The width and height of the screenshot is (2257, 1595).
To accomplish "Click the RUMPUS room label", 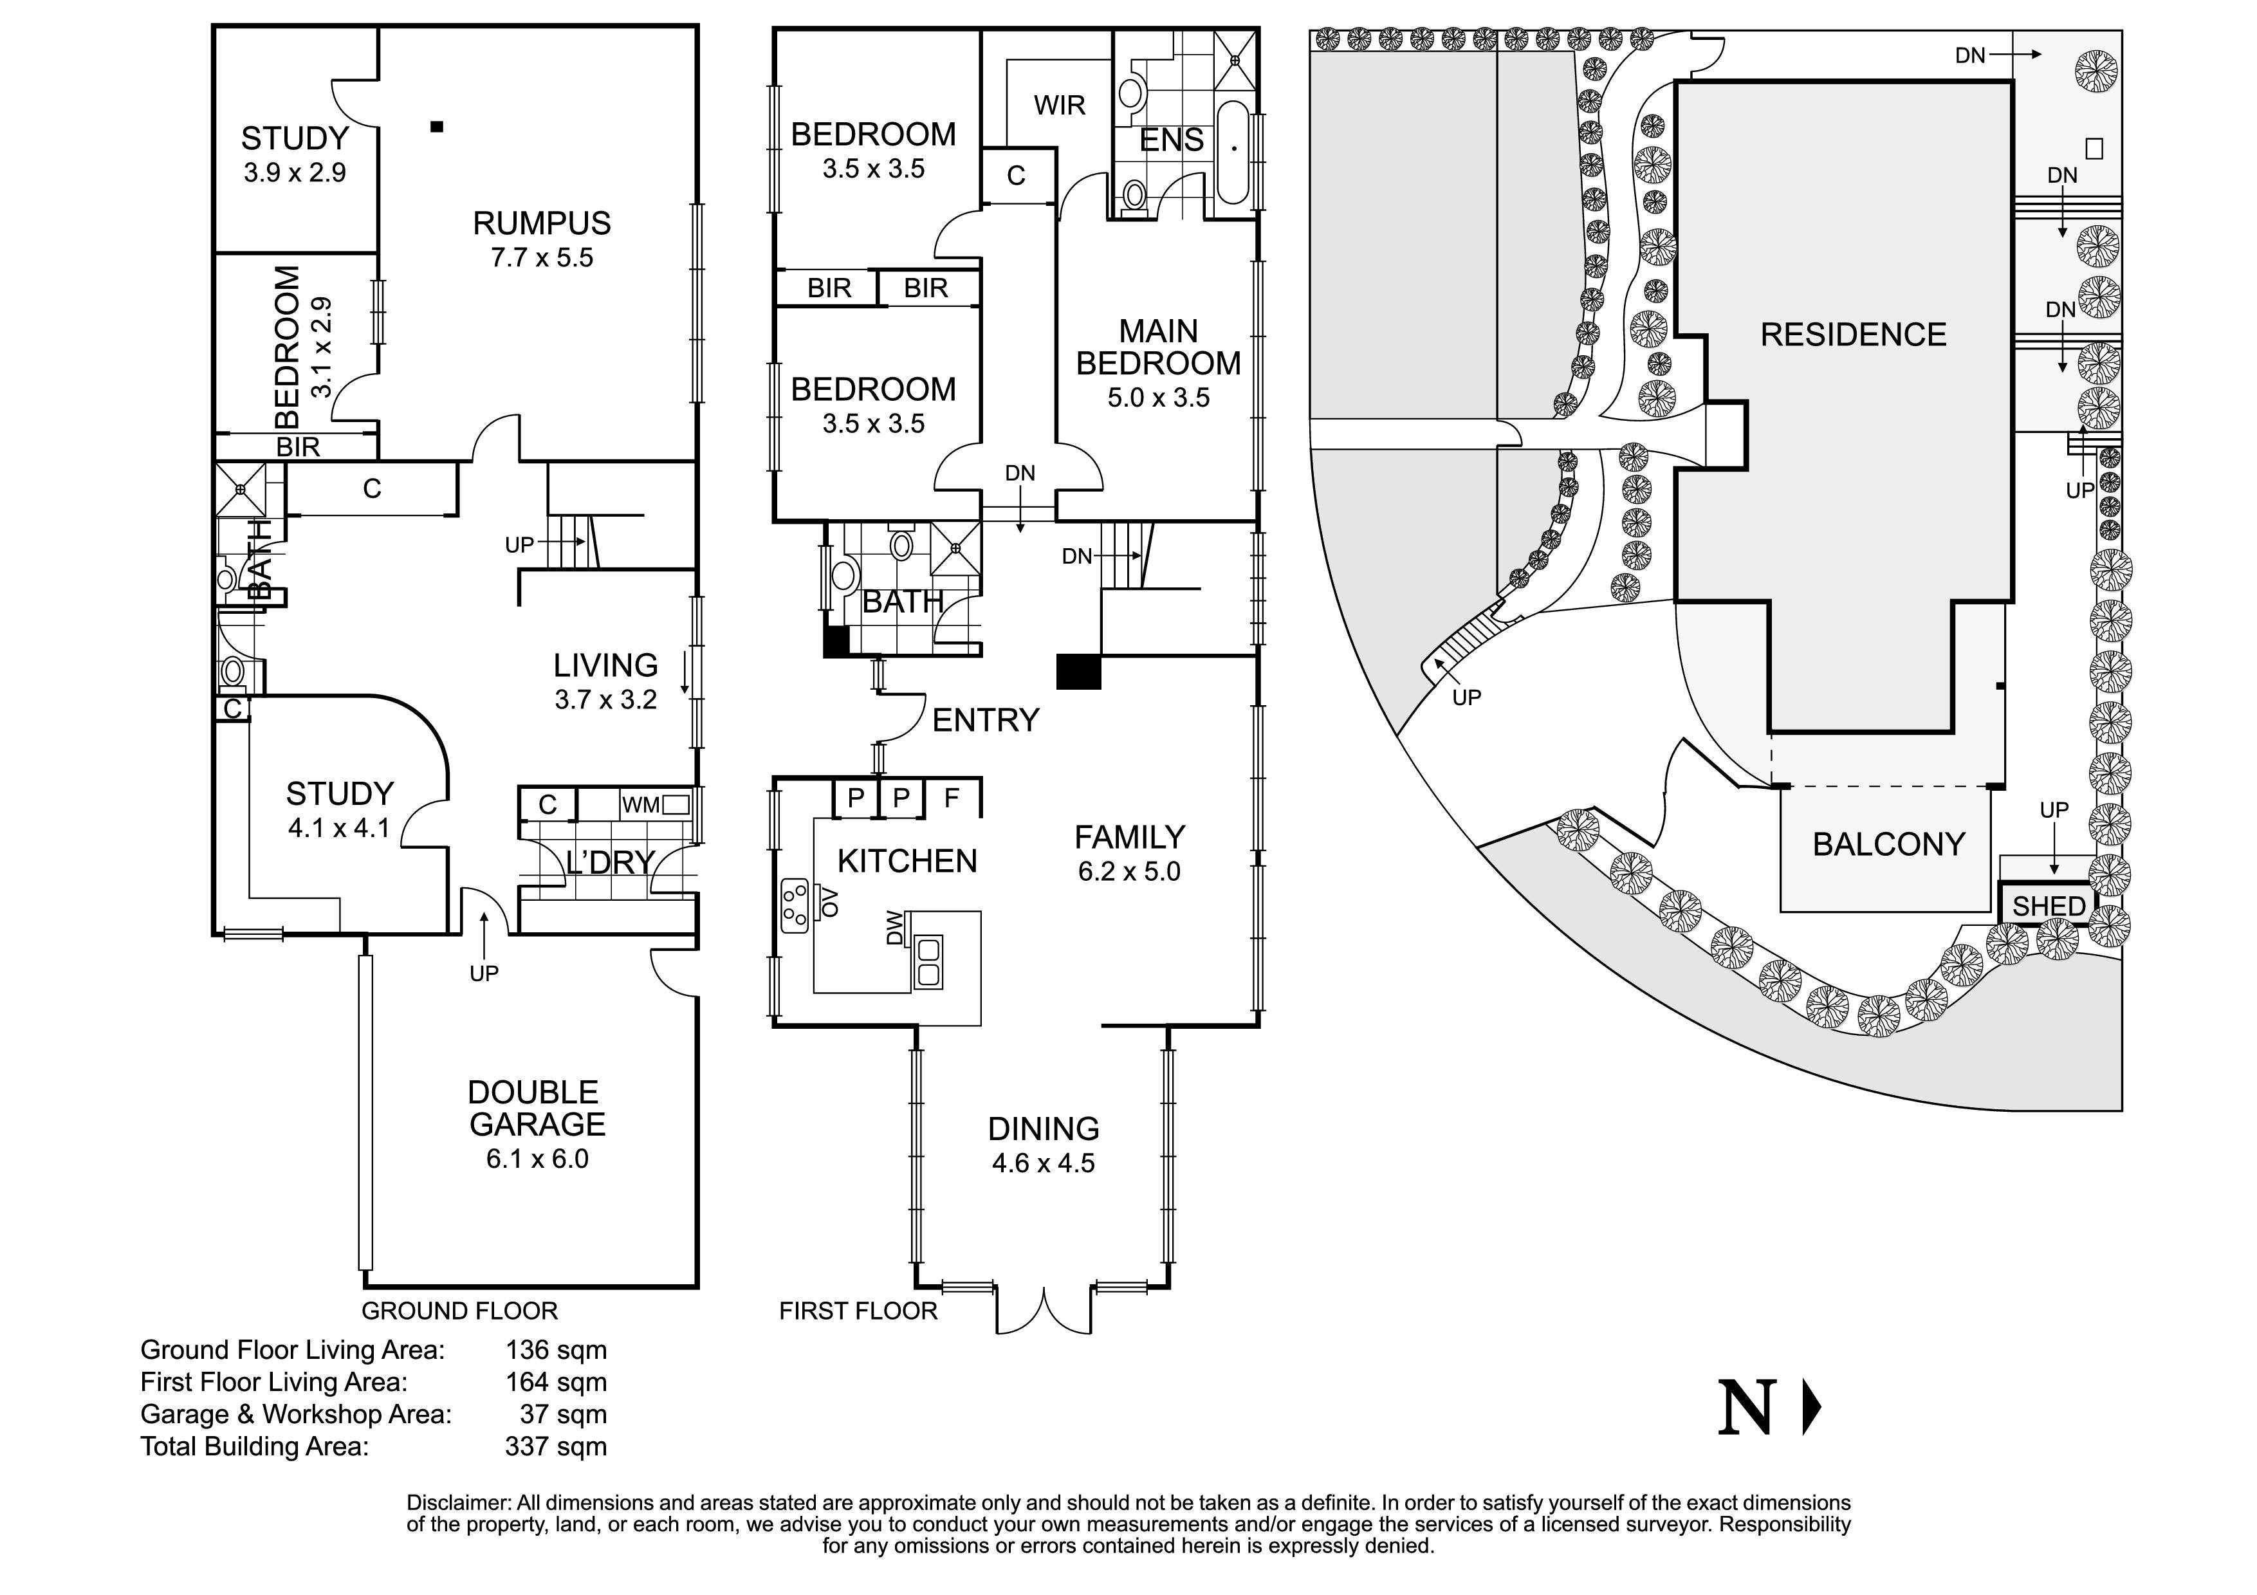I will point(542,224).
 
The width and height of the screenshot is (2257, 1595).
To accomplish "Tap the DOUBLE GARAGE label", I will point(536,1109).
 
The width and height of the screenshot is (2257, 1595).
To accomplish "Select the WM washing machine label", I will point(640,806).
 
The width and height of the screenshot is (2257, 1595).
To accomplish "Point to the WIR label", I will point(1059,105).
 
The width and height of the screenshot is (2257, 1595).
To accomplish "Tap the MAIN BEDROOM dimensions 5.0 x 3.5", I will point(1158,398).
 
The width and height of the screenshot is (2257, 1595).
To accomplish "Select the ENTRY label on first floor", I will point(985,721).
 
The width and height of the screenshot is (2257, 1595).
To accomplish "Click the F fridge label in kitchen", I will point(950,798).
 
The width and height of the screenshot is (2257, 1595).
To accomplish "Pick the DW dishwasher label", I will point(894,928).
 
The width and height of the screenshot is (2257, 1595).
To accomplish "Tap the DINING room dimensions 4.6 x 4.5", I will point(1043,1163).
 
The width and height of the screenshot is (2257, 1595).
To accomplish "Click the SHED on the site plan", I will point(2049,906).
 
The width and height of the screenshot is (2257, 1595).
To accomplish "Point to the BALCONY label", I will point(1888,844).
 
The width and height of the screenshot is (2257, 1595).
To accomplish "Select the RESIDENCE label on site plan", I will point(1853,335).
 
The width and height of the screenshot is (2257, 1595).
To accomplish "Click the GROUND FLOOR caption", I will point(459,1311).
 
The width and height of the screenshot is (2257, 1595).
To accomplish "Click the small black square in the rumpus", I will point(438,126).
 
